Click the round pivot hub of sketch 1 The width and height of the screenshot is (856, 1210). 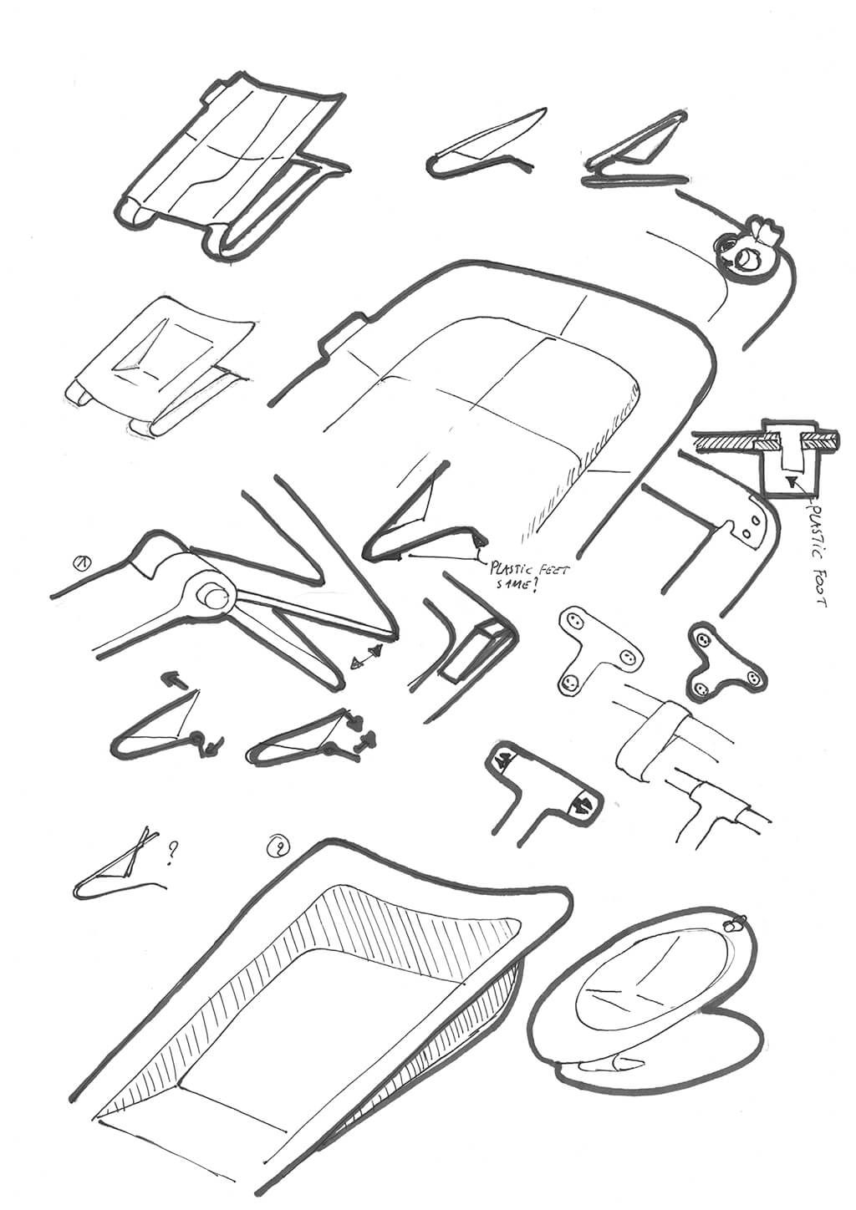pos(212,598)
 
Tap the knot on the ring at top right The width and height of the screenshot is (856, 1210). pos(763,230)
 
